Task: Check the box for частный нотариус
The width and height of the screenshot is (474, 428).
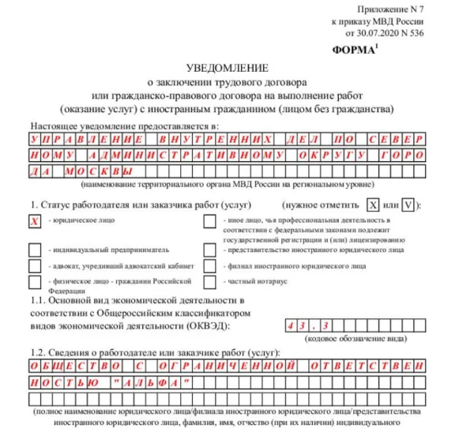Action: point(210,282)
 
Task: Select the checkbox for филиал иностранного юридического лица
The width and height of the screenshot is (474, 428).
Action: point(210,266)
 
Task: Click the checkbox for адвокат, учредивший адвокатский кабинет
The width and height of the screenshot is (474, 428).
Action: point(35,266)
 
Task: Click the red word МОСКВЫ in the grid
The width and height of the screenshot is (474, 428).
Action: point(99,170)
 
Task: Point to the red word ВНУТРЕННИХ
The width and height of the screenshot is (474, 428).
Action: point(218,137)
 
